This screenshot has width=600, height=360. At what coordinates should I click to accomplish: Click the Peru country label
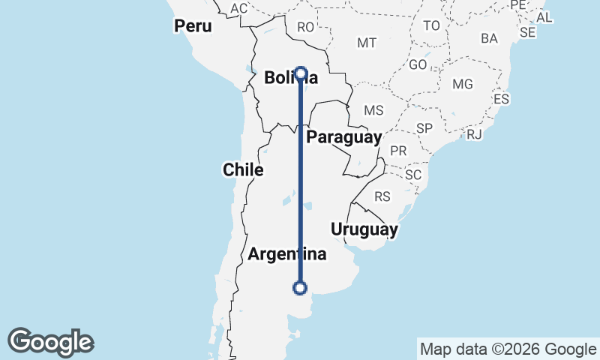click(x=193, y=26)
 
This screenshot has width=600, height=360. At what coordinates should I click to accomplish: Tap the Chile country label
click(x=243, y=170)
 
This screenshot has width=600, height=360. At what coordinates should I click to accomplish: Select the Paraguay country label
click(x=344, y=137)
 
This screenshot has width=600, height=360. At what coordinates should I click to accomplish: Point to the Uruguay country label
click(x=363, y=229)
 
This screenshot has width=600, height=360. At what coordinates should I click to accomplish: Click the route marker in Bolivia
click(x=301, y=73)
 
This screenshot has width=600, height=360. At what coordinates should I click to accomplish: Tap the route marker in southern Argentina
click(x=300, y=287)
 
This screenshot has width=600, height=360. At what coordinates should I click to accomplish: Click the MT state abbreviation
click(x=367, y=43)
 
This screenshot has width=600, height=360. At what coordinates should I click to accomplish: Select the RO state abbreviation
click(x=305, y=27)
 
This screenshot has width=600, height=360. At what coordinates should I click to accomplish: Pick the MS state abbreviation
click(x=373, y=110)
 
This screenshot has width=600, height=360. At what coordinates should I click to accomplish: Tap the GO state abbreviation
click(x=418, y=65)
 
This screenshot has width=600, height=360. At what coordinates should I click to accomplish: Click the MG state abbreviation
click(x=463, y=83)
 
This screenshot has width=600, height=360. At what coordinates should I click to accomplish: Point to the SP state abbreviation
click(x=424, y=128)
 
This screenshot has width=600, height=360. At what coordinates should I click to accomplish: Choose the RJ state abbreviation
click(x=474, y=134)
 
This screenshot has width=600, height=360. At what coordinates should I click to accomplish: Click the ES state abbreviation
click(x=501, y=99)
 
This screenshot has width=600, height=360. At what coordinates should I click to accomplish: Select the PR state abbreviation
click(x=398, y=151)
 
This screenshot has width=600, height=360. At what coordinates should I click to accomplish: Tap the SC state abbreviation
click(x=413, y=175)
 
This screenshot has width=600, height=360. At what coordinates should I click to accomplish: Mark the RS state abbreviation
click(x=382, y=197)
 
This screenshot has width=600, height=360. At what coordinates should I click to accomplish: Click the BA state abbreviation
click(x=489, y=37)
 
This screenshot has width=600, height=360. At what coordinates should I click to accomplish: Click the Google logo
click(x=50, y=342)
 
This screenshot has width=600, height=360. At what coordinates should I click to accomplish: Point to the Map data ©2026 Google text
click(x=508, y=349)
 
